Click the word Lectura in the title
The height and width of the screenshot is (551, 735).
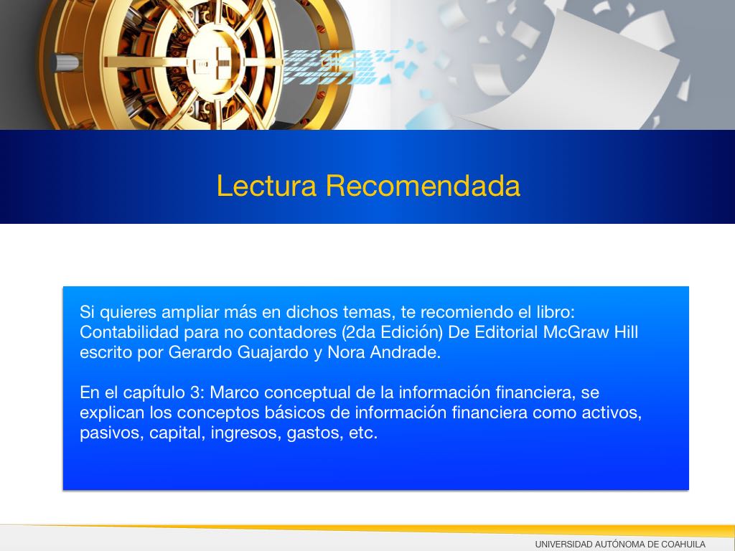[x=267, y=186]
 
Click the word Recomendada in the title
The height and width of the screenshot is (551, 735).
[x=423, y=186]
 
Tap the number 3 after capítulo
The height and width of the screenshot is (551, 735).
[x=195, y=392]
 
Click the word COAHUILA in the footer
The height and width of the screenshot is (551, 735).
[x=683, y=545]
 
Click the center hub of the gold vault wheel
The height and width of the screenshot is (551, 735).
[x=216, y=62]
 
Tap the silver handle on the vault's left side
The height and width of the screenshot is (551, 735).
[x=65, y=63]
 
